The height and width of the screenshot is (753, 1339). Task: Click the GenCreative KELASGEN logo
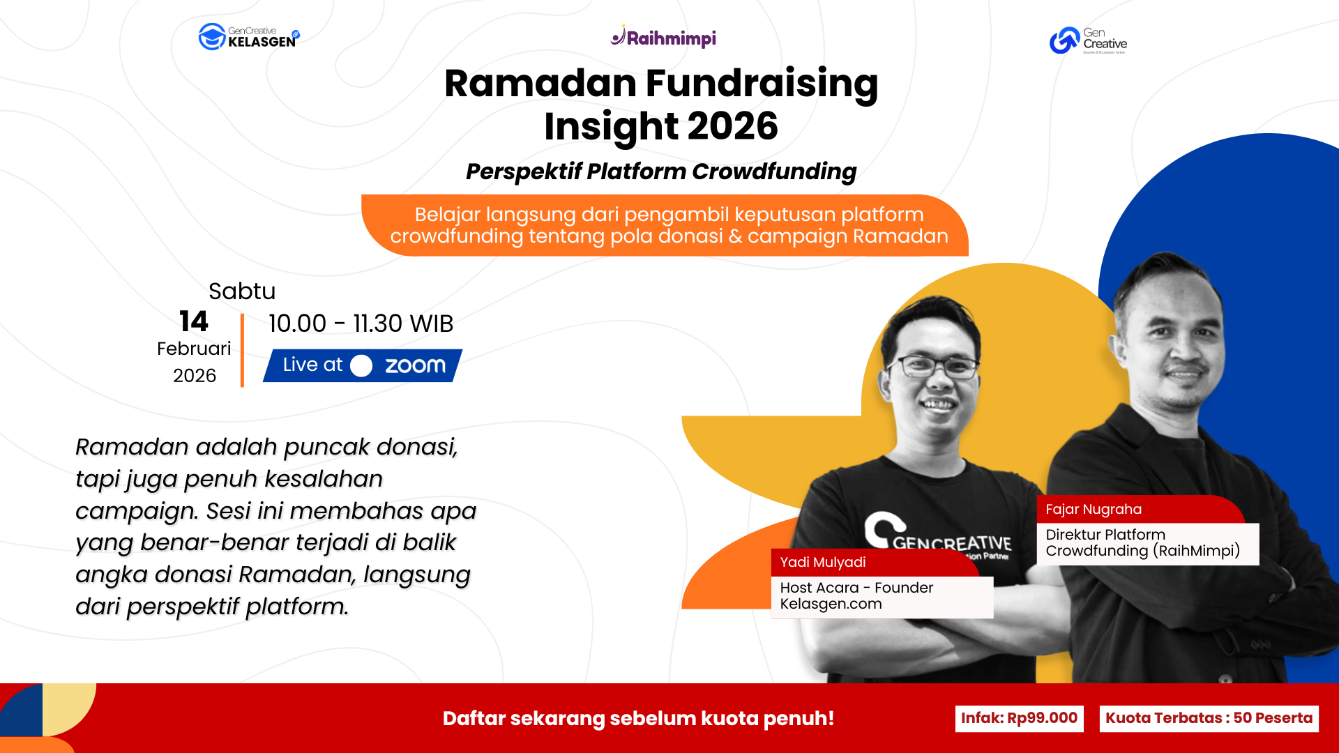(x=249, y=37)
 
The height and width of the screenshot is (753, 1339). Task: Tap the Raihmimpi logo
(x=663, y=38)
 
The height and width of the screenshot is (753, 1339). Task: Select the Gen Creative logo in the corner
(x=1088, y=40)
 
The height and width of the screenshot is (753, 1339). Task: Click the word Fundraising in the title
(x=762, y=84)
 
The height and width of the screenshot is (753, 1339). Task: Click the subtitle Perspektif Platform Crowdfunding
(x=661, y=172)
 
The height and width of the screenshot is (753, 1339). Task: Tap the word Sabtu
(x=242, y=291)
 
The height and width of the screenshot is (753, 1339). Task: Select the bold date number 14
(x=193, y=321)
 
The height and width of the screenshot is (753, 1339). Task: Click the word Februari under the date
(x=194, y=349)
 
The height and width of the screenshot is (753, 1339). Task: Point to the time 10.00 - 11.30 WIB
(x=361, y=324)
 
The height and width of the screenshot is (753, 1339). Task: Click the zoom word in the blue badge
(x=415, y=365)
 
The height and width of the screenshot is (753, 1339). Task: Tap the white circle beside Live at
(x=361, y=366)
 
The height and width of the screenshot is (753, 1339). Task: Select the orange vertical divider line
(x=242, y=350)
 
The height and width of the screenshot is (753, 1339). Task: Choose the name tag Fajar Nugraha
(x=1094, y=510)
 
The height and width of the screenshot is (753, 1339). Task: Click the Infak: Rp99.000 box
(x=1019, y=719)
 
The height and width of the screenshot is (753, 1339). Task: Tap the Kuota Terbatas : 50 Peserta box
(x=1209, y=719)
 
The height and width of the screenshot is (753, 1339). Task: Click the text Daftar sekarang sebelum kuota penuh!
(x=638, y=719)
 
